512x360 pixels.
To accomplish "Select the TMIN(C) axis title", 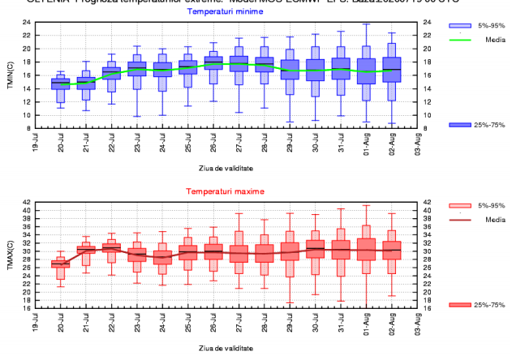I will click(x=11, y=75).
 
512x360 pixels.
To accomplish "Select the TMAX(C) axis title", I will click(x=11, y=255).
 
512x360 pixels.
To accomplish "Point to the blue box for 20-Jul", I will click(x=61, y=84).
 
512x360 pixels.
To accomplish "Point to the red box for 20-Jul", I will click(x=61, y=264).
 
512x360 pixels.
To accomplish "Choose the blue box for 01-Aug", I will click(x=367, y=71).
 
